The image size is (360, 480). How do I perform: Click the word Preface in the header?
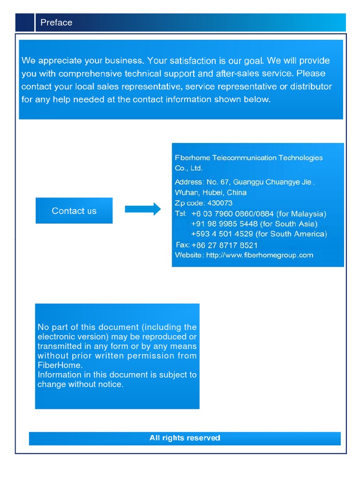pos(56,22)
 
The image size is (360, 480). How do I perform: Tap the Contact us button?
pos(74,211)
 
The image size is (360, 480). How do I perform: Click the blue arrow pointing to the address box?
pos(142,209)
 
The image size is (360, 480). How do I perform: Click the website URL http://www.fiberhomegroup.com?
pos(259,255)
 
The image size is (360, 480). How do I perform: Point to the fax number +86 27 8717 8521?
pos(225,245)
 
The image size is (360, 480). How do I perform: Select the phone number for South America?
pos(223,234)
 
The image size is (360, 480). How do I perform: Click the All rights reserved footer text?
pos(185,438)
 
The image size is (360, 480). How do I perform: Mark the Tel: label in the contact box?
pos(181,213)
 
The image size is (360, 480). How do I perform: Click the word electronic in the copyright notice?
pos(56,337)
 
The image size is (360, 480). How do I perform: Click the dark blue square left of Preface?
pos(24,22)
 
